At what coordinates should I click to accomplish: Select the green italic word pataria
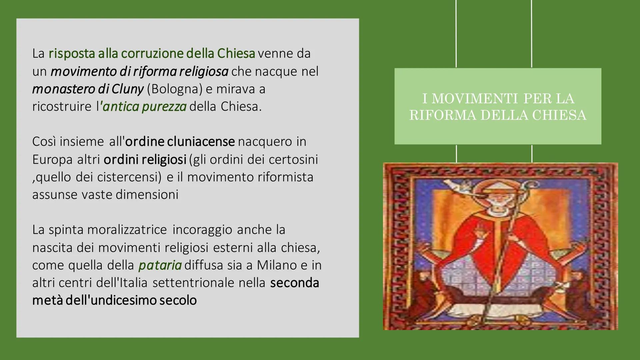coord(160,265)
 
